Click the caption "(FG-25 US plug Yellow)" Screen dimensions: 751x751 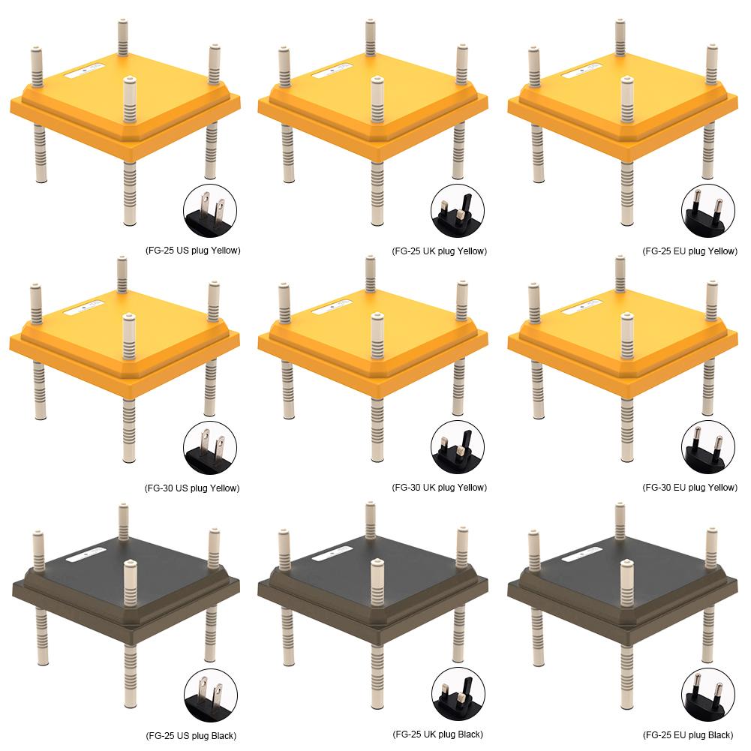[x=193, y=251]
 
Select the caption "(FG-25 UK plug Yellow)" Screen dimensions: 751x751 [x=439, y=251]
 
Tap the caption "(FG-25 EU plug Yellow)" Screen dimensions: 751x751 [x=689, y=251]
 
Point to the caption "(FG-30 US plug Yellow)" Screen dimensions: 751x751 [x=192, y=488]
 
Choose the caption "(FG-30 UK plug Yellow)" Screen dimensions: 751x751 [x=439, y=488]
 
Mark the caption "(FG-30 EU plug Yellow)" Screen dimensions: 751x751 [x=689, y=488]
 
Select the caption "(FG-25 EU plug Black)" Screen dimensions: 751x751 [x=688, y=735]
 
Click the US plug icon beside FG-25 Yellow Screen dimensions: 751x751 [x=210, y=212]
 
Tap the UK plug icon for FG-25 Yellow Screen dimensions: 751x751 [x=458, y=212]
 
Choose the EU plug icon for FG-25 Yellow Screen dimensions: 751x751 [x=707, y=212]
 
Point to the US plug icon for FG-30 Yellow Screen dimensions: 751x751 [x=210, y=448]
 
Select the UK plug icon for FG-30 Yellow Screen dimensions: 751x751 [x=458, y=448]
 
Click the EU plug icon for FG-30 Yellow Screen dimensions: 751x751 [x=707, y=448]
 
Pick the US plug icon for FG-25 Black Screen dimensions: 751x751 [x=210, y=695]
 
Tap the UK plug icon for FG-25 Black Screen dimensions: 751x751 [x=458, y=695]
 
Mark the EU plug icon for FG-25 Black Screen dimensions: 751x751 [x=707, y=695]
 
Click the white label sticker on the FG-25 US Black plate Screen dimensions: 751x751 [x=85, y=555]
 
